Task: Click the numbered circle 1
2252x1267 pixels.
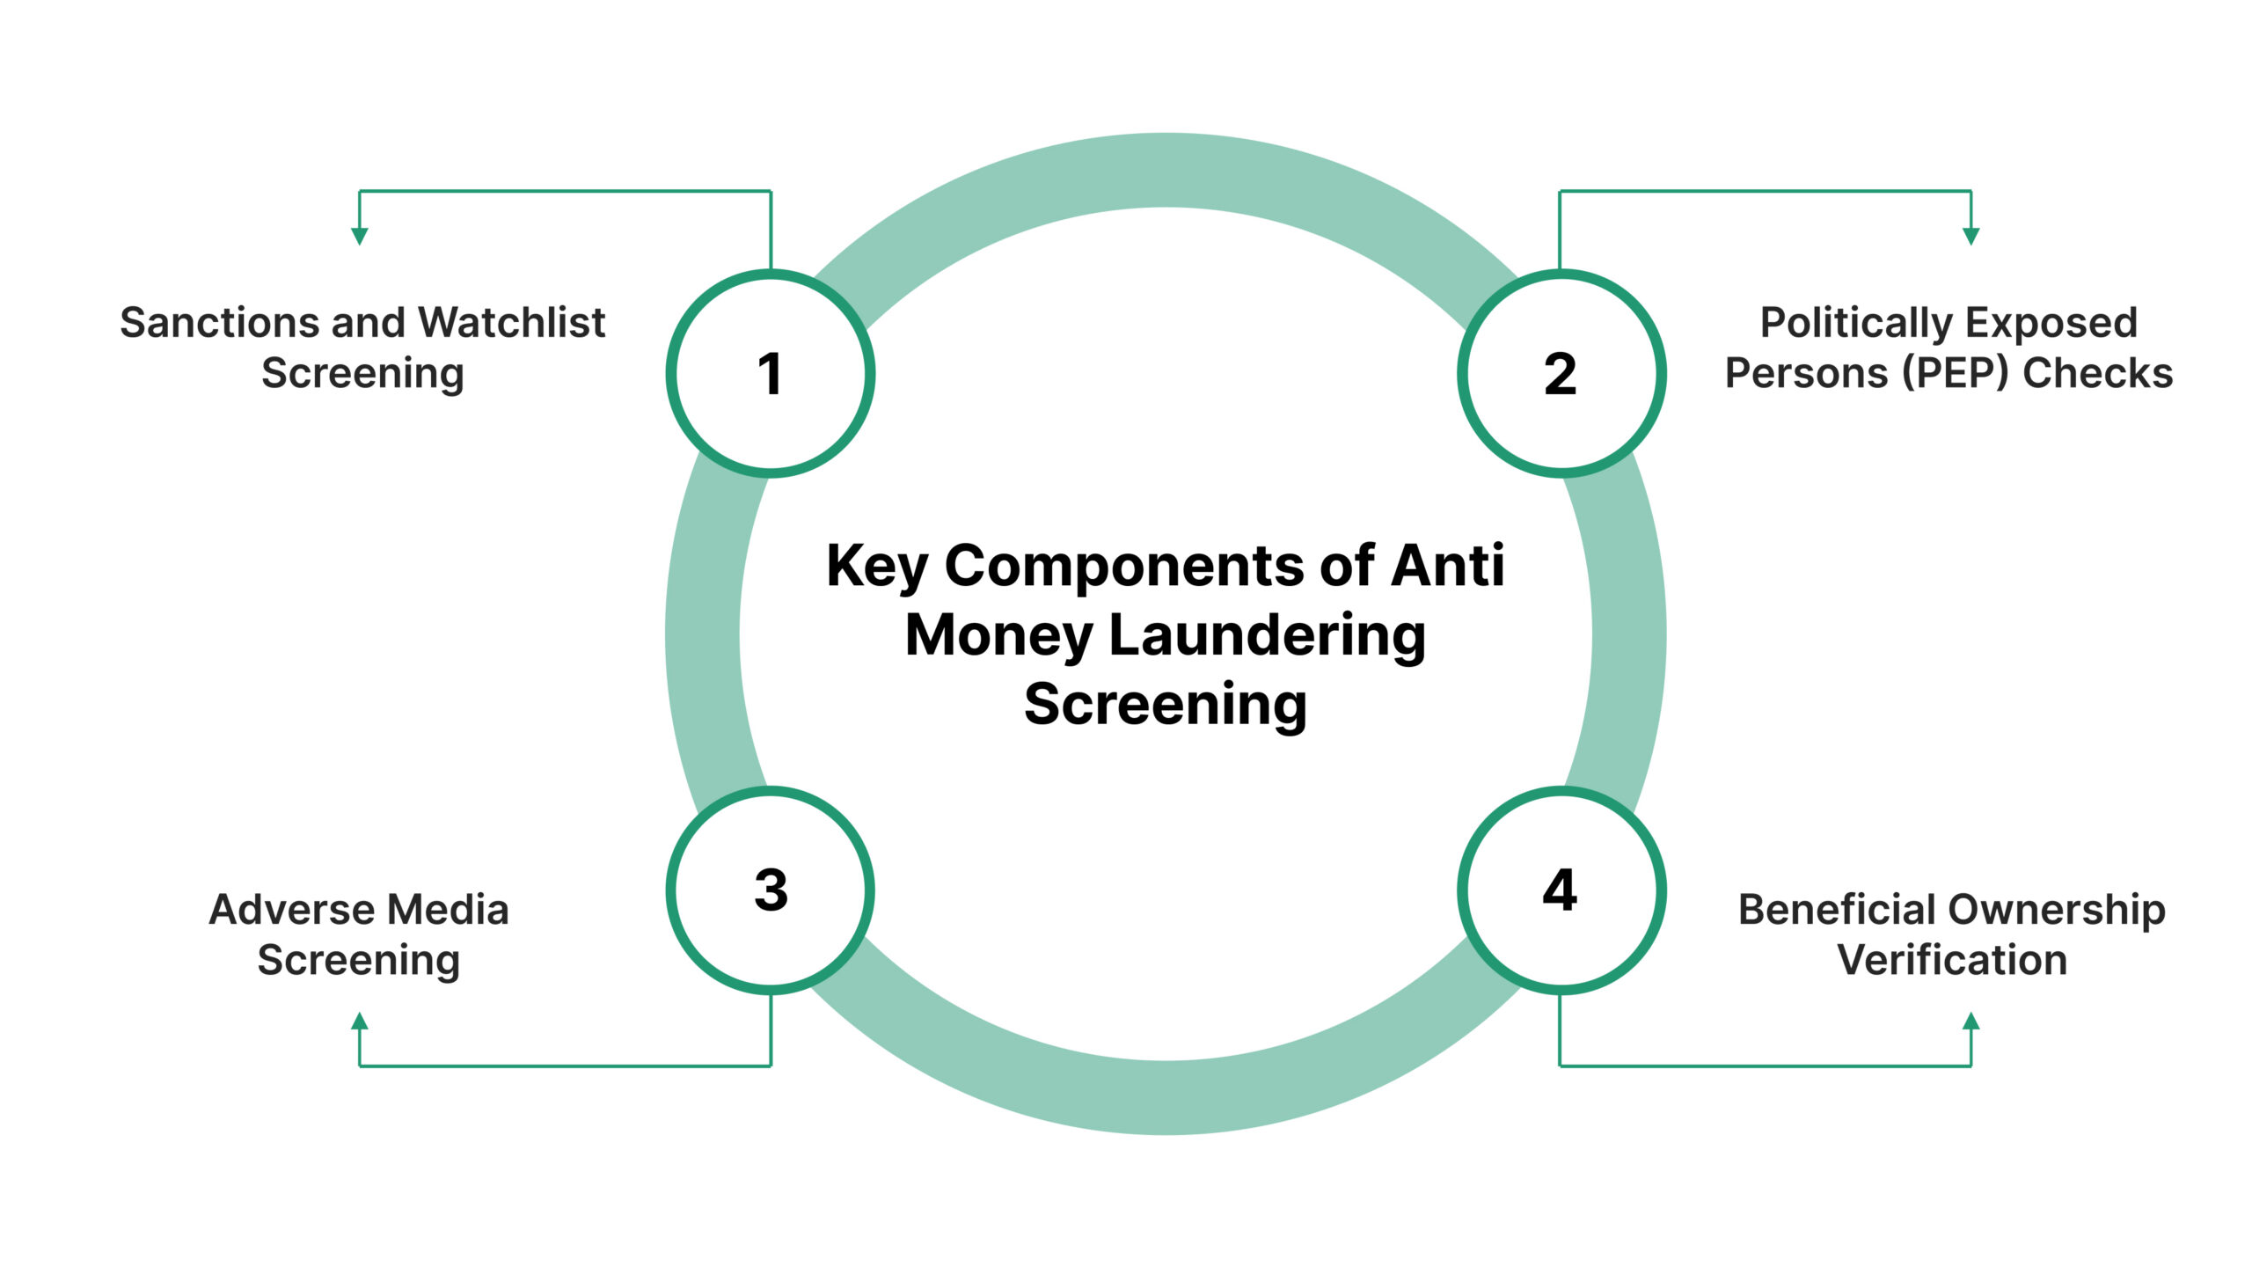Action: click(771, 373)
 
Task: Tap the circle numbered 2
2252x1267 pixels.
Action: click(1561, 373)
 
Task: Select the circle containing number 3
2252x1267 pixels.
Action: click(771, 890)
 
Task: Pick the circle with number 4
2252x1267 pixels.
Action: click(1561, 890)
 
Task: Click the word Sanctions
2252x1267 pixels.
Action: click(220, 322)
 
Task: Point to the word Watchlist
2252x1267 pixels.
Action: click(511, 322)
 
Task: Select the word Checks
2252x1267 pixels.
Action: click(2097, 372)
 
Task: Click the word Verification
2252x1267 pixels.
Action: click(1952, 959)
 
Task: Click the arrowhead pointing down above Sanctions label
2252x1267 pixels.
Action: click(360, 235)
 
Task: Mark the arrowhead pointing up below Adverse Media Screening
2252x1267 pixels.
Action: click(360, 1022)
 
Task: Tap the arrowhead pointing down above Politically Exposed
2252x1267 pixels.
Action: click(1971, 235)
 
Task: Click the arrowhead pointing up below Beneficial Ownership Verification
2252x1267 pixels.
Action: click(1971, 1022)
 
